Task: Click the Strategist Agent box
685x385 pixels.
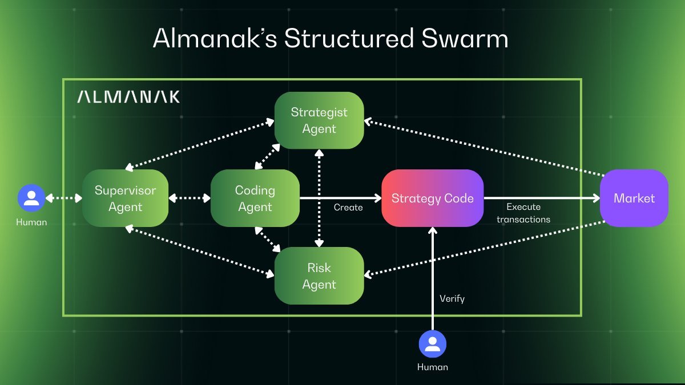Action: [319, 120]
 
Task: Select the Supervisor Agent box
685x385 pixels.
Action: [125, 198]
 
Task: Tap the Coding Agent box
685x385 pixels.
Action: [255, 198]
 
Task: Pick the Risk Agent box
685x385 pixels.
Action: [319, 275]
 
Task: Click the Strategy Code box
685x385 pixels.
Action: [432, 198]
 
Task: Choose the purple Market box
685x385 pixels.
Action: [634, 198]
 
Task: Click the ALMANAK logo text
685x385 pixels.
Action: [128, 97]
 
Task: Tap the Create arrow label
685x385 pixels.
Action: [348, 208]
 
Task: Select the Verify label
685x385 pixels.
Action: [452, 298]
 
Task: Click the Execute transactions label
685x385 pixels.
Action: [523, 213]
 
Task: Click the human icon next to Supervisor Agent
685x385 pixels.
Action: [31, 198]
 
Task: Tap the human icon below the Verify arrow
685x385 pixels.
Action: [432, 345]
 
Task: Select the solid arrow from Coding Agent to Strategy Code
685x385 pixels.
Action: [340, 198]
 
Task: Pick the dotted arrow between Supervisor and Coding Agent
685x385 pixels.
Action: [190, 198]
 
